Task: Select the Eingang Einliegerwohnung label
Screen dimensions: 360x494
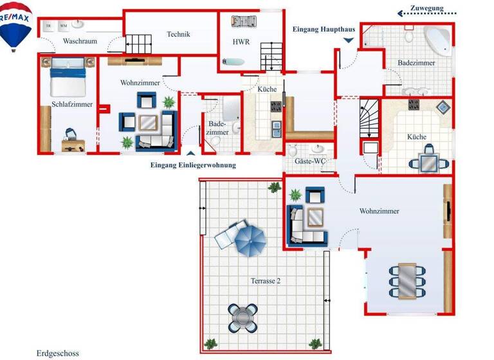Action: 193,165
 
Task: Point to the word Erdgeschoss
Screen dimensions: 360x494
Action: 58,353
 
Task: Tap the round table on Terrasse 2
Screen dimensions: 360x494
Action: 244,316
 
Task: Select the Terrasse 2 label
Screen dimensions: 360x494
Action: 265,280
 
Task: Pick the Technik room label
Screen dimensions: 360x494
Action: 178,35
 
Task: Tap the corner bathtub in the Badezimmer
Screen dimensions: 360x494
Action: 439,40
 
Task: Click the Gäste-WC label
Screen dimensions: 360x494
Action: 310,161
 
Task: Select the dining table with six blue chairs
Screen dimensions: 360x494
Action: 407,280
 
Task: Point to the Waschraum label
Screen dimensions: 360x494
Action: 79,41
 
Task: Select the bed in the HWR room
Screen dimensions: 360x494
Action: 244,22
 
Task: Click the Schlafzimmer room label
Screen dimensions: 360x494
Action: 72,104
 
